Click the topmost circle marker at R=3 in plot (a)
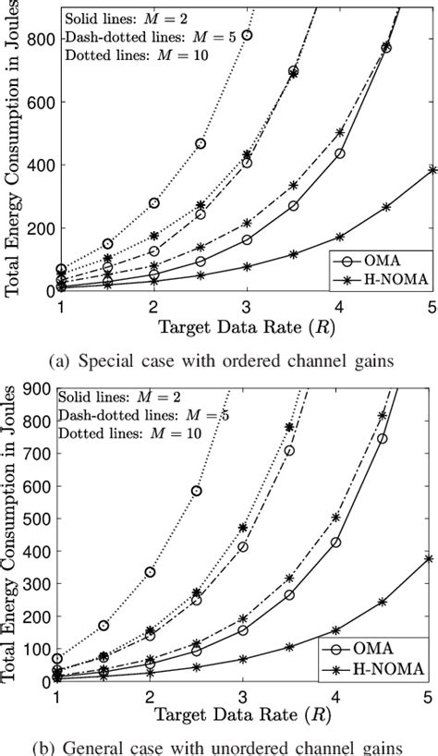[247, 35]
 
